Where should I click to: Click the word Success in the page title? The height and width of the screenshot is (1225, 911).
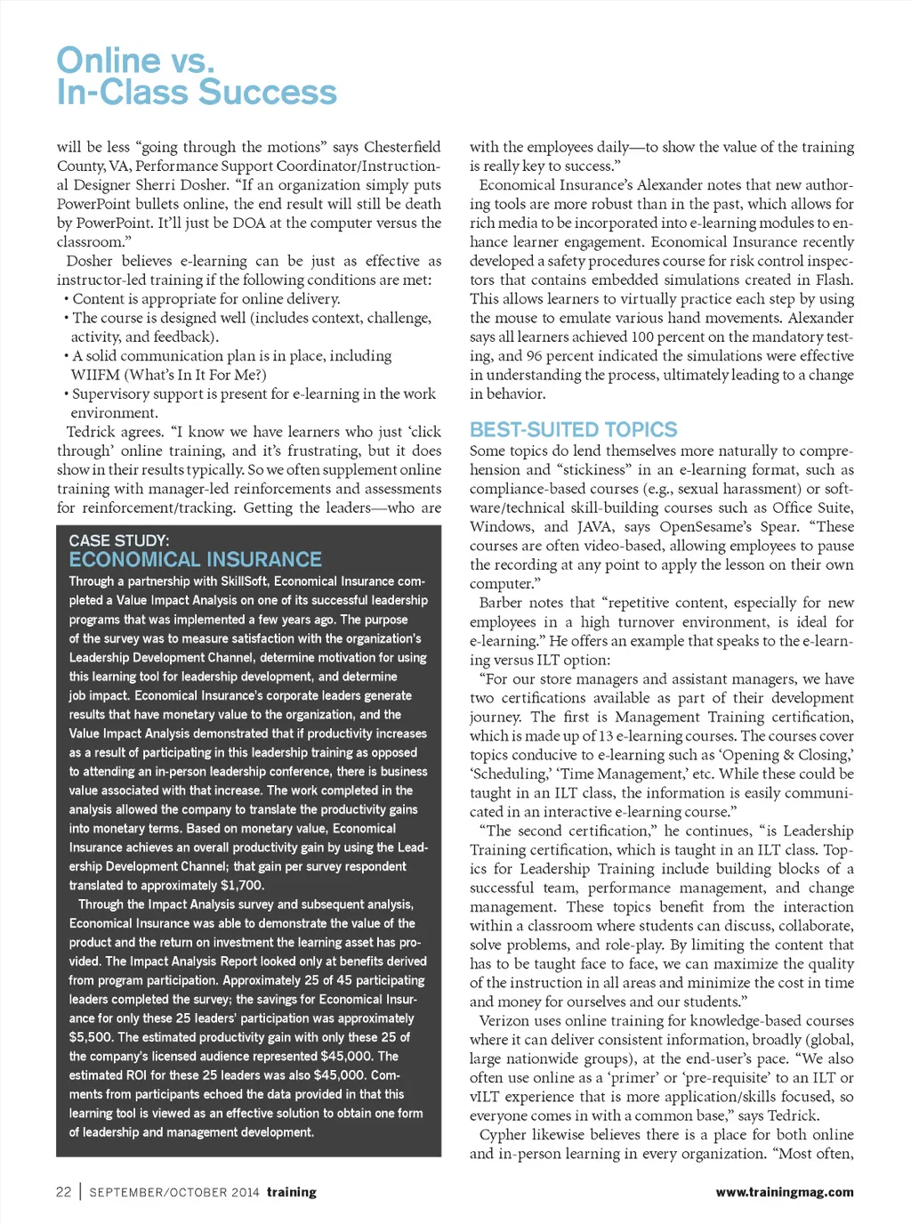coord(267,93)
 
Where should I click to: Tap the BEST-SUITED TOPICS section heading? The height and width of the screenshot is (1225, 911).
coord(573,429)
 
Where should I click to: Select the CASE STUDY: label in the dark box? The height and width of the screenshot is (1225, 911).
coord(118,540)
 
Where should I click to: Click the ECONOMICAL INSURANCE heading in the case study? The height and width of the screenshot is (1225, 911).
coord(195,560)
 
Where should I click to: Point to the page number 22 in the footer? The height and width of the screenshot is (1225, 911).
coord(63,1192)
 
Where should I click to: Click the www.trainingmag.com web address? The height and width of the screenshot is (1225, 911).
coord(784,1192)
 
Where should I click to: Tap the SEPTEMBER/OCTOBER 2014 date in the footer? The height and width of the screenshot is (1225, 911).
coord(174,1192)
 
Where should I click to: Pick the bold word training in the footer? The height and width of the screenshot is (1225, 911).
coord(292,1192)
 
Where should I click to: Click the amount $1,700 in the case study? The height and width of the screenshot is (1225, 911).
coord(241,886)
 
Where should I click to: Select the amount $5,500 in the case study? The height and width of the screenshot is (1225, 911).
coord(91,1037)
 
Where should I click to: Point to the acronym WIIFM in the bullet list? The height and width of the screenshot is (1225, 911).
coord(95,375)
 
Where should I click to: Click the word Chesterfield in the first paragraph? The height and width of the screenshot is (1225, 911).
coord(402,147)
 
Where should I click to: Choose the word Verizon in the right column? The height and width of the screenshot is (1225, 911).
coord(506,1021)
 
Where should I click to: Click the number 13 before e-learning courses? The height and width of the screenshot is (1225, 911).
coord(606,736)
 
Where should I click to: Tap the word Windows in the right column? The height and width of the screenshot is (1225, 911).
coord(500,527)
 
